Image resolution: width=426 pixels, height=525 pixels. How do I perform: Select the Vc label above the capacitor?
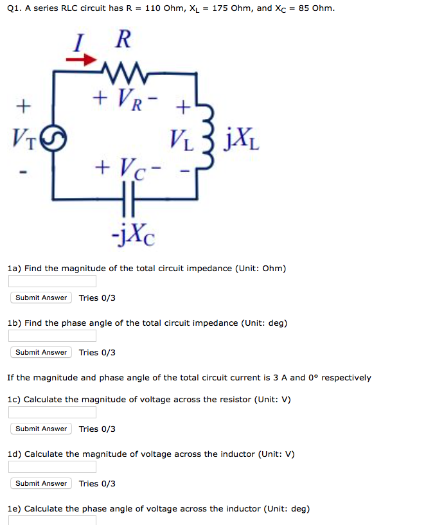point(125,170)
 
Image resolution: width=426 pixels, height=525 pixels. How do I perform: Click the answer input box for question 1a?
point(52,281)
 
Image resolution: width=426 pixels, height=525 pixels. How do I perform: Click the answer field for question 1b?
point(52,336)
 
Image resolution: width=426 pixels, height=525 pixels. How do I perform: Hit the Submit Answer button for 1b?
point(41,352)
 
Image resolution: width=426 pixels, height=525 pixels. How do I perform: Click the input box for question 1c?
point(52,413)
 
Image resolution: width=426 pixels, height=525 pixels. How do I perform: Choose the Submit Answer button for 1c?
point(41,429)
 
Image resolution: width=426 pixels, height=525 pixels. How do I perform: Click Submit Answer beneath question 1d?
point(41,483)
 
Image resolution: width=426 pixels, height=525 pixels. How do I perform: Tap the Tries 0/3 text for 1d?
point(97,483)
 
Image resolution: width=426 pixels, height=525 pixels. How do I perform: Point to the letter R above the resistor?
point(123,39)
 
